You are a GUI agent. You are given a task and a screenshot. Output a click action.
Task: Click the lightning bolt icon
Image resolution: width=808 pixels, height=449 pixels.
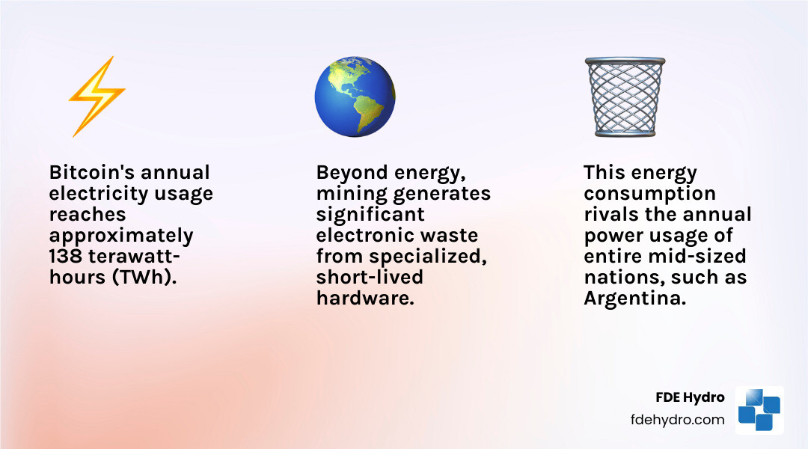tap(97, 97)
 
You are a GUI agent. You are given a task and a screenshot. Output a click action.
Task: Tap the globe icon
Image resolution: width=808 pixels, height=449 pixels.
tap(355, 97)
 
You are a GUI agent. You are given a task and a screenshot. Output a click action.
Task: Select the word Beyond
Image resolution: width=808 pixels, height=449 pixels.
tap(349, 173)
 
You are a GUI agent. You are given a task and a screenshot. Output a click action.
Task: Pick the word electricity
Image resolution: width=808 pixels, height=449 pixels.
tap(97, 194)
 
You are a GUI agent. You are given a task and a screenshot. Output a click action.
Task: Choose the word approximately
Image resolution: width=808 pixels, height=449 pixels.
tap(121, 236)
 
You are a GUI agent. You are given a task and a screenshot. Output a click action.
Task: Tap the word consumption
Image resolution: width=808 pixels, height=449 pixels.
tap(649, 194)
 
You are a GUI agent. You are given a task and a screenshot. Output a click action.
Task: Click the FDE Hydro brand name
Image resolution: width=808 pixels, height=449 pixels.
tap(689, 397)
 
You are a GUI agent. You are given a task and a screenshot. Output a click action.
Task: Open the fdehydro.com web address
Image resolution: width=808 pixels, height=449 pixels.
tap(678, 419)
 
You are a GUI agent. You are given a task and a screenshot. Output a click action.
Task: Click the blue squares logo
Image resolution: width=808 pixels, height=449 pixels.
tap(759, 409)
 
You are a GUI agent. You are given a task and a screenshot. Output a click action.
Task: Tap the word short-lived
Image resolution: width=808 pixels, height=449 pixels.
tap(370, 278)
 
